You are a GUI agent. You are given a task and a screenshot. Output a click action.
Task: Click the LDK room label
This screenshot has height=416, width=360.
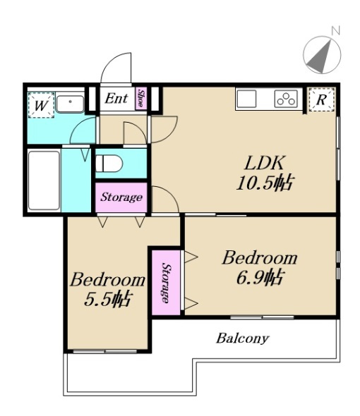click(265, 163)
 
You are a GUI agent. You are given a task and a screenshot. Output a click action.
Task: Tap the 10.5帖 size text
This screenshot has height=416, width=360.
click(265, 183)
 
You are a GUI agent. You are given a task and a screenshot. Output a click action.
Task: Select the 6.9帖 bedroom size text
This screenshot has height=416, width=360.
click(259, 277)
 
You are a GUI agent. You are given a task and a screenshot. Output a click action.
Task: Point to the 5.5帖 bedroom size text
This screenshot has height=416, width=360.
click(107, 299)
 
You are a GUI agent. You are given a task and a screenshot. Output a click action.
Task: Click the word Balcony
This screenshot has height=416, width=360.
click(242, 338)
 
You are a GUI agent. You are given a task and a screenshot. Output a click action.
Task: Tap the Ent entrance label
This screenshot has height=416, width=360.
click(116, 99)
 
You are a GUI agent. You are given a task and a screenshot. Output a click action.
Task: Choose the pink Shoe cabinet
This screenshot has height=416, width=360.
click(141, 98)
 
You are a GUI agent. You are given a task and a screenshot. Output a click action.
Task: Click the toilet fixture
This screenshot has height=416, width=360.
click(109, 164)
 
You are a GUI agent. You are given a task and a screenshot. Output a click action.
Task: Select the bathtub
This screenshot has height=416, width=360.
click(44, 181)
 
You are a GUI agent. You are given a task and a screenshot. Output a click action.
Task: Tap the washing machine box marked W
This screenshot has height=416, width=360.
click(41, 105)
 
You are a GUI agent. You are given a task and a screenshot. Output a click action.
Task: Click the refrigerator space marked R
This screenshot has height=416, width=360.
click(321, 99)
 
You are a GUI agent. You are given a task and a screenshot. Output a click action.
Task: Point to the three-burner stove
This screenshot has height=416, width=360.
click(286, 99)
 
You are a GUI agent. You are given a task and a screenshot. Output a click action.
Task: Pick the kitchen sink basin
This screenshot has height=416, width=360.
click(247, 99)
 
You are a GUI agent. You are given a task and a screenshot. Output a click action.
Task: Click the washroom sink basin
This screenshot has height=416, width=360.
click(70, 104)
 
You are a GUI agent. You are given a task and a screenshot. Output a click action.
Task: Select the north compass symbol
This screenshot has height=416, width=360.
click(322, 55)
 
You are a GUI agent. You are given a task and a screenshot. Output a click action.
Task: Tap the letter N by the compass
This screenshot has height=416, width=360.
click(336, 30)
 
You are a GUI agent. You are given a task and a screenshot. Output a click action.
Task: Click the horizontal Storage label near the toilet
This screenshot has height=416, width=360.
click(121, 197)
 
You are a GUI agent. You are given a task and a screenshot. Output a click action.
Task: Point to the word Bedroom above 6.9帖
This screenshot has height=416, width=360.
click(260, 257)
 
